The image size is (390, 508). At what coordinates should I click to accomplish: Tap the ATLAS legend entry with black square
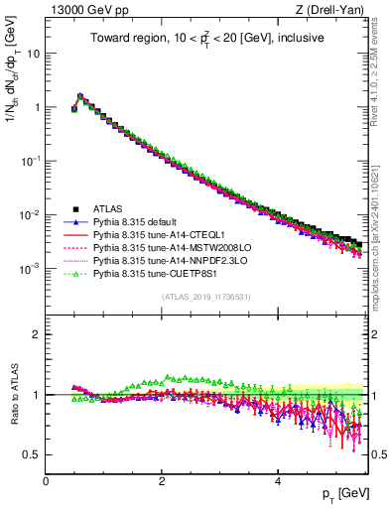(108, 208)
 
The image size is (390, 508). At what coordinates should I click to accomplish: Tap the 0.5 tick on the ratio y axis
(33, 454)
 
